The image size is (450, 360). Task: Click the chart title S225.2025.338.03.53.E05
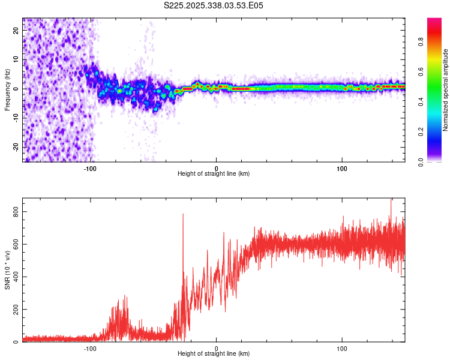[x=214, y=5]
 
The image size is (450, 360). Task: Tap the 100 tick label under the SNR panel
[x=342, y=348]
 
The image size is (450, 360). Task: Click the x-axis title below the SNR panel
[x=214, y=354]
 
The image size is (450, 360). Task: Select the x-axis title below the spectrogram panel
[x=214, y=174]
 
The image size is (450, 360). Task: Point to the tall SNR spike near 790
[x=183, y=215]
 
